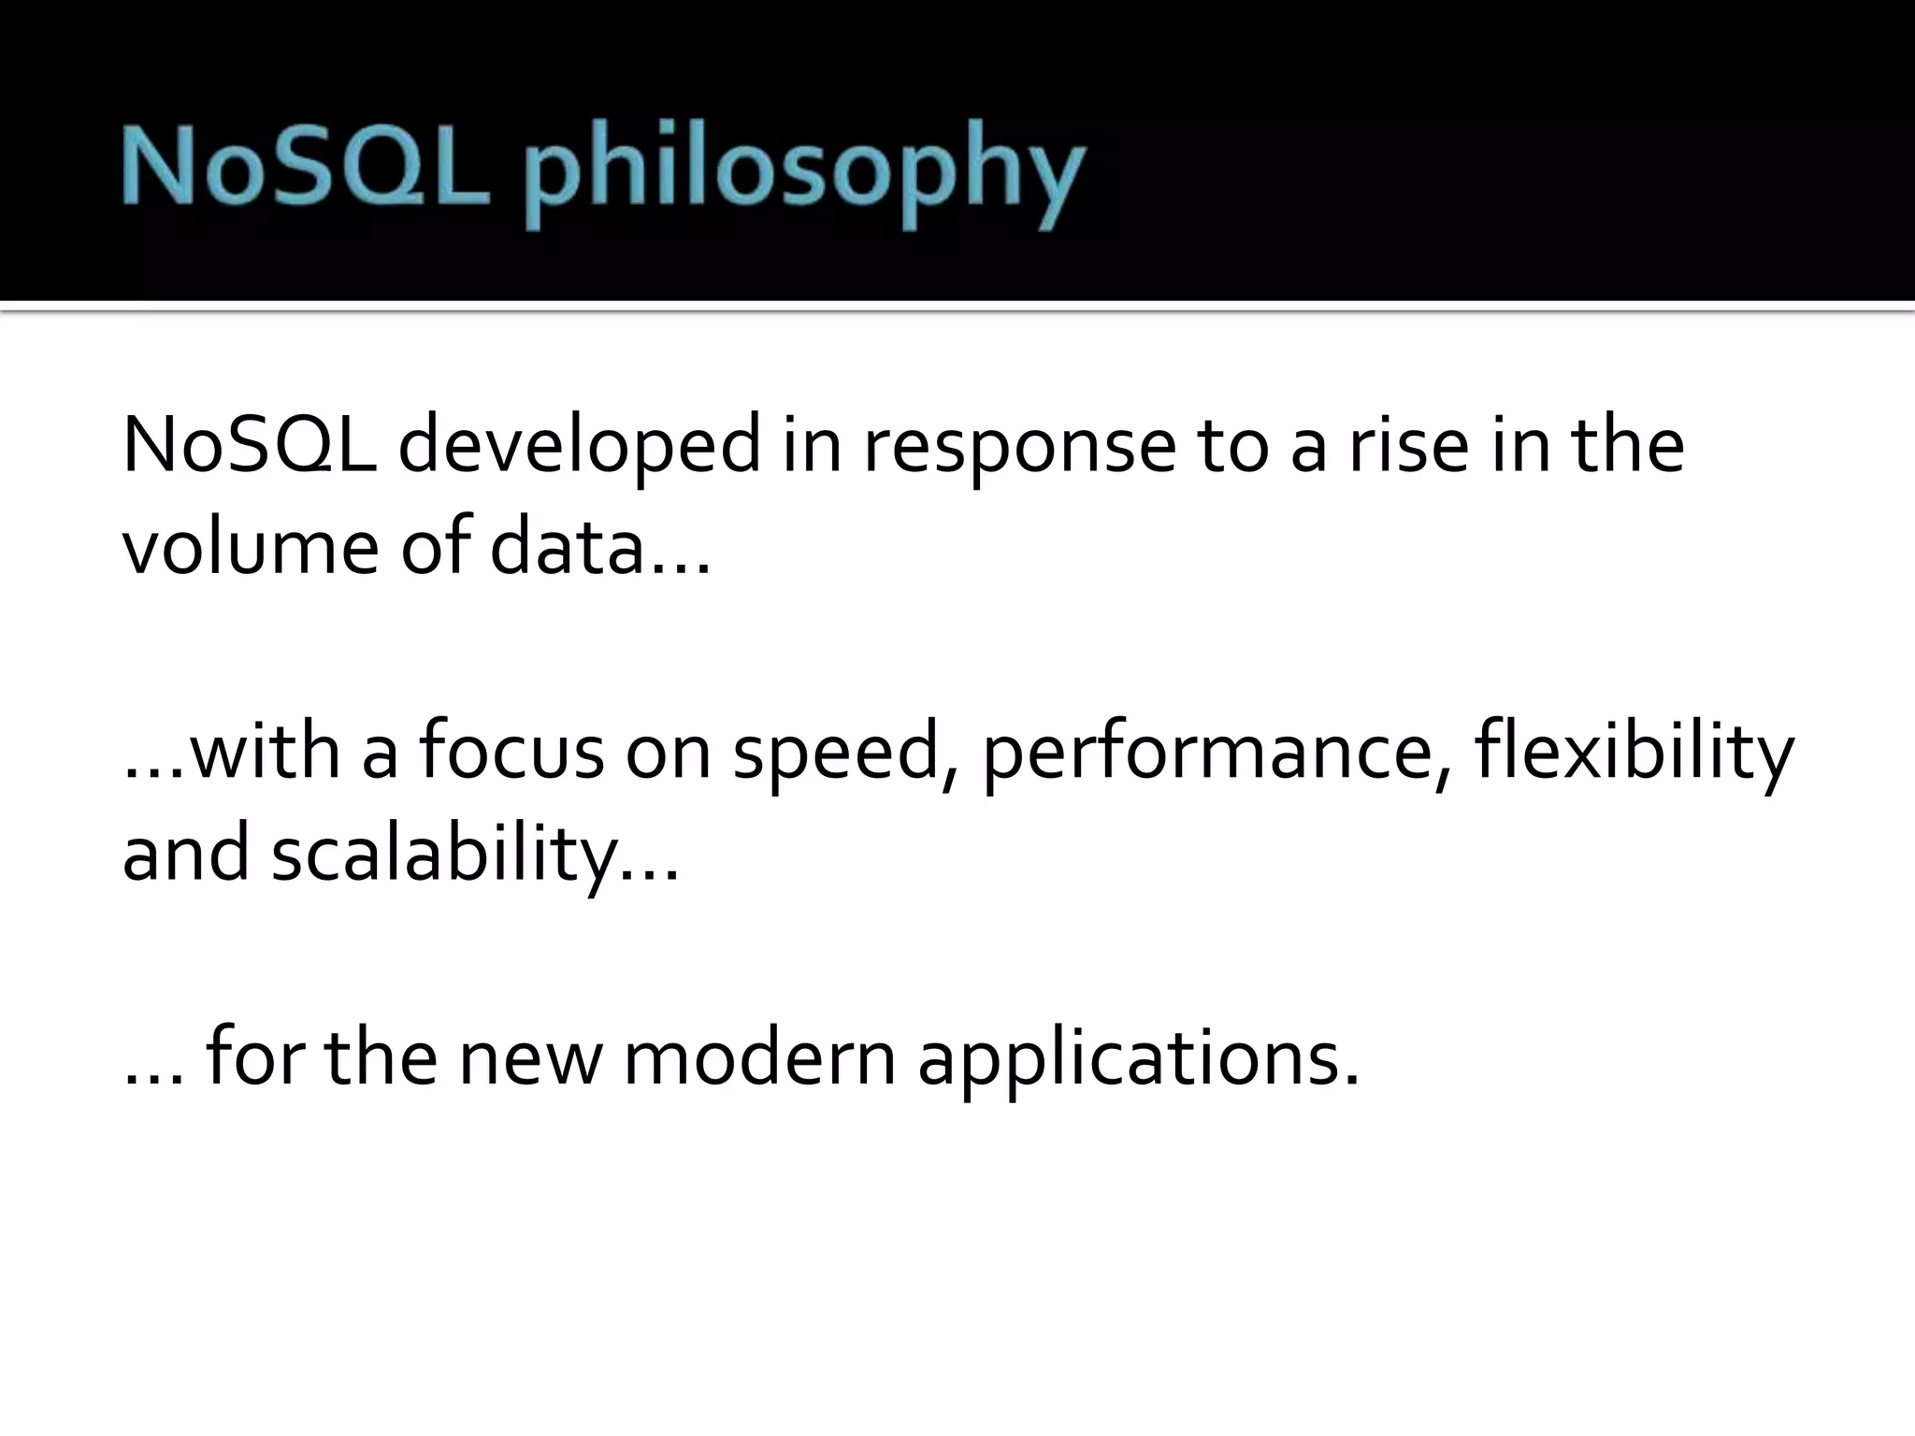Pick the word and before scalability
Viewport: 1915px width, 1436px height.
coord(186,854)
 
